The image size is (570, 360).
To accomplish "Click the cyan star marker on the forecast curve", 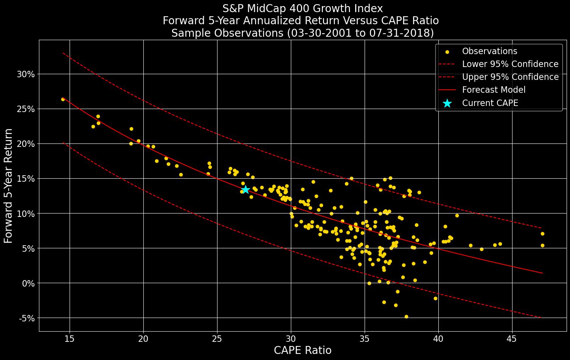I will [x=245, y=189].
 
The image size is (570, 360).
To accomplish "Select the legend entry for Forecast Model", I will [x=494, y=90].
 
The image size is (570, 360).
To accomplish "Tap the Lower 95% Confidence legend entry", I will [x=510, y=64].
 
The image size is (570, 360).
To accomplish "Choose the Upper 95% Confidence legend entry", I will [x=510, y=77].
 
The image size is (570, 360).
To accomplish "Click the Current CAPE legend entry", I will [x=490, y=103].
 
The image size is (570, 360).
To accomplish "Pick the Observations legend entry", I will [x=489, y=51].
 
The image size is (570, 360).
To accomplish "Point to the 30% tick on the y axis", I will [x=26, y=74].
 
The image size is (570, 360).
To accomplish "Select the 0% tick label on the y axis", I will [x=28, y=283].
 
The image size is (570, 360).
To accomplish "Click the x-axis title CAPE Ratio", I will [x=302, y=351].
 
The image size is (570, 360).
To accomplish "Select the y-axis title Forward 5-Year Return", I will [x=8, y=185].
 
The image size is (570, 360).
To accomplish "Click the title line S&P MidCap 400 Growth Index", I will [x=302, y=8].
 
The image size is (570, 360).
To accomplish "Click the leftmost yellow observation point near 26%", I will [x=63, y=99].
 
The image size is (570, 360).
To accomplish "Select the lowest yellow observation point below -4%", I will [x=406, y=316].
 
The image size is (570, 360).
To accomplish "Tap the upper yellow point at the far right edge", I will [x=542, y=234].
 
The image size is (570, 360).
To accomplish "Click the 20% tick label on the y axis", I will [x=26, y=144].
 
